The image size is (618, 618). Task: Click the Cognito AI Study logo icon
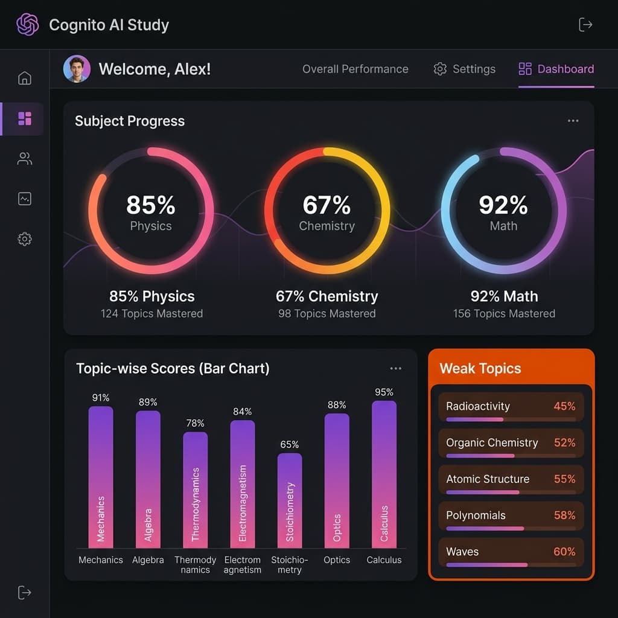[27, 25]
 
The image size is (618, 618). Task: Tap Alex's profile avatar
[77, 69]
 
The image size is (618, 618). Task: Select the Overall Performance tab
[355, 69]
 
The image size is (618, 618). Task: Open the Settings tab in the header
[464, 69]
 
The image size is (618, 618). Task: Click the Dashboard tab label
[565, 69]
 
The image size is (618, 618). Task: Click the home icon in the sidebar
[25, 78]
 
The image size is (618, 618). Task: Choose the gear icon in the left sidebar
[25, 239]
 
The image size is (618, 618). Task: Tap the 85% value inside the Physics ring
[150, 205]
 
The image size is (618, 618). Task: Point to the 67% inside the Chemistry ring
[327, 205]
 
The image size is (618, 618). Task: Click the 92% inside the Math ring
[503, 205]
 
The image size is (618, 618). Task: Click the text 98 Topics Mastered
[327, 314]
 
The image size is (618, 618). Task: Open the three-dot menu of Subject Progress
[573, 121]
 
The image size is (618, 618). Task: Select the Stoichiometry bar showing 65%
[290, 499]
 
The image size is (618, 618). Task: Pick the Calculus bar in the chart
[384, 473]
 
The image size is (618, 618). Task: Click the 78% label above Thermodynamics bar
[195, 423]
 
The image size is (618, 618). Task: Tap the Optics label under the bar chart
[337, 560]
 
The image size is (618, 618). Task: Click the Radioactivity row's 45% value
[564, 406]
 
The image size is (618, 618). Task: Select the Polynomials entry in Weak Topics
[476, 515]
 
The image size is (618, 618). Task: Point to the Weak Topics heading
[480, 369]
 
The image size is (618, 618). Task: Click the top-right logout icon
[585, 25]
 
